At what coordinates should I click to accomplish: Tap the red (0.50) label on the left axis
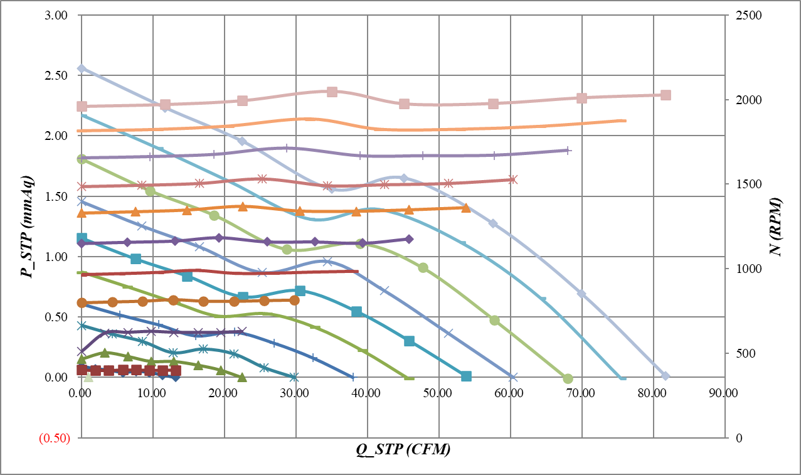click(55, 438)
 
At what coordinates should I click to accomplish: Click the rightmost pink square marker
click(666, 95)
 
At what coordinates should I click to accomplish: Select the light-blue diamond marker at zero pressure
click(666, 376)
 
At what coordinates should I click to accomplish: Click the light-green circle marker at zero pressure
click(568, 378)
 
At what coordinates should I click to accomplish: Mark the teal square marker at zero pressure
click(466, 376)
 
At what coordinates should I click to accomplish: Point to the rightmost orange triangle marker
click(465, 208)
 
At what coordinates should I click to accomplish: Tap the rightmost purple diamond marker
click(409, 239)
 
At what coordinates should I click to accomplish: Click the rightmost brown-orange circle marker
click(295, 301)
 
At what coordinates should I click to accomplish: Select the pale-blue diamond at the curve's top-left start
click(82, 68)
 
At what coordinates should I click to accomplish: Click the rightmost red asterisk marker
click(512, 179)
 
